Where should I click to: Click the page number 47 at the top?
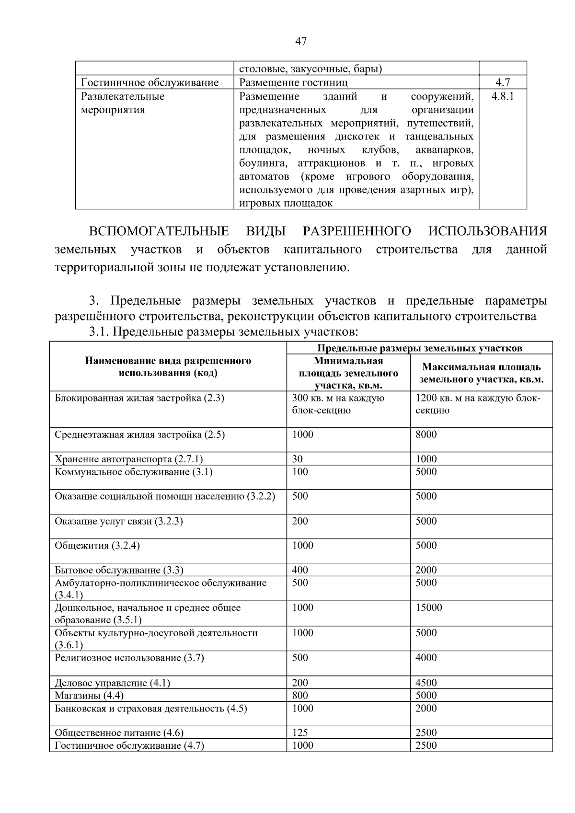tap(301, 42)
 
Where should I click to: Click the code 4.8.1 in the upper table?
tap(502, 96)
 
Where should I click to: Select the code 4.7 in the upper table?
tap(502, 83)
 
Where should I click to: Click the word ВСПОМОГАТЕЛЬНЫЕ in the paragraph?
tap(159, 231)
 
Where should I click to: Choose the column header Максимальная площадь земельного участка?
tap(481, 373)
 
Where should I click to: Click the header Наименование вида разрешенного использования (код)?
tap(168, 367)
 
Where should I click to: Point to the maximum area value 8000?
tap(426, 435)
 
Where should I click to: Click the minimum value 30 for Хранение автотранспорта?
tap(298, 459)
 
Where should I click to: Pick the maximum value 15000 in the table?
tap(428, 607)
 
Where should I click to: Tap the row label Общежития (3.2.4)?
tap(97, 546)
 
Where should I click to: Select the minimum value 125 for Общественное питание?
tap(300, 733)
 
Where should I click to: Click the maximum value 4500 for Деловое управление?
tap(426, 683)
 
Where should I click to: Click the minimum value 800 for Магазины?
tap(300, 695)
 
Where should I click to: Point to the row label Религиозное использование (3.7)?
tap(129, 658)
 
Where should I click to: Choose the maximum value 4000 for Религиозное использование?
tap(426, 658)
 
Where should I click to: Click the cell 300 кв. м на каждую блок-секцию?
tap(338, 404)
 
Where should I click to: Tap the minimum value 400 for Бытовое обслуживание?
tap(300, 570)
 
